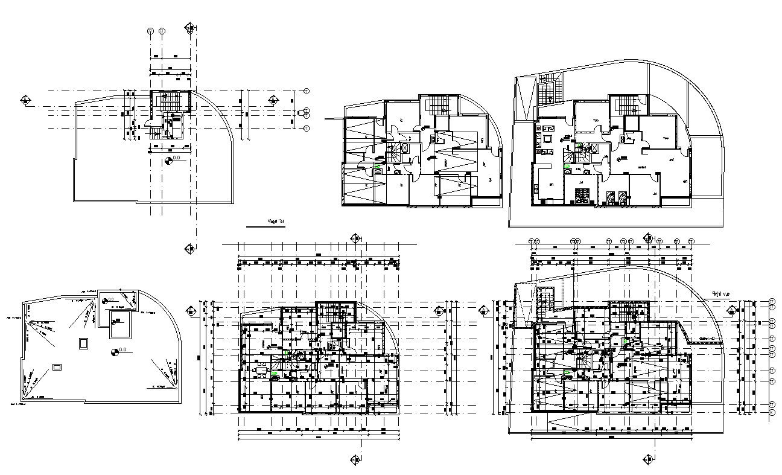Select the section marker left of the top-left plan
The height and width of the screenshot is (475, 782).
coord(26,100)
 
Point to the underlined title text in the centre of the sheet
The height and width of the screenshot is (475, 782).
coord(276,222)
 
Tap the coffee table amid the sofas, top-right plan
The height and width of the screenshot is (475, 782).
coord(547,140)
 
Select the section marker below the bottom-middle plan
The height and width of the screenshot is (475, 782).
coord(355,459)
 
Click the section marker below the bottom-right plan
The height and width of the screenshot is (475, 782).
coord(649,459)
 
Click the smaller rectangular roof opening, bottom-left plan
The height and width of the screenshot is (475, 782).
coord(57,366)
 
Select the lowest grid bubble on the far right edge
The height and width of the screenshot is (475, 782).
coord(772,412)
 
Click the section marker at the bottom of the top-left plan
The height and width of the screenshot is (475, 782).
coord(190,247)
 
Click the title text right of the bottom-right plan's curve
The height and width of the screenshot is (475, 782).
coord(720,294)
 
